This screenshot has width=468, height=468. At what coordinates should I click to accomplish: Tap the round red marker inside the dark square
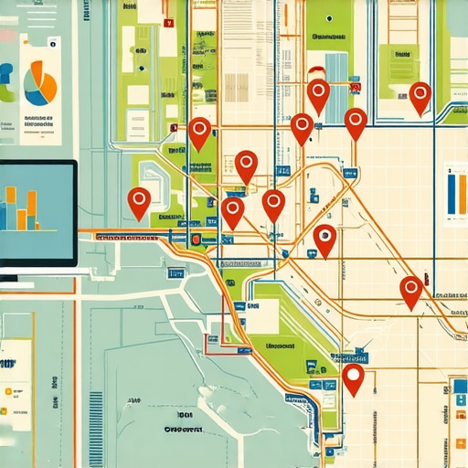pos(195,239)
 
